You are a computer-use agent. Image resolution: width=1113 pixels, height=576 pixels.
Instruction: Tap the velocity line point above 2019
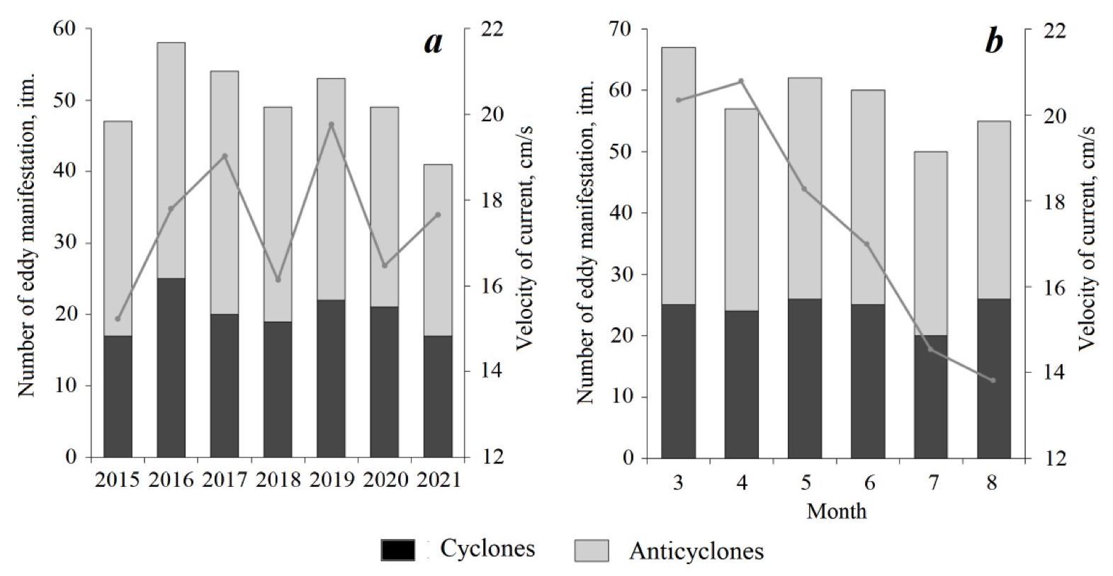point(331,125)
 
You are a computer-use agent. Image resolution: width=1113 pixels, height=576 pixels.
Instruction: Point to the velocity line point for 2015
point(118,319)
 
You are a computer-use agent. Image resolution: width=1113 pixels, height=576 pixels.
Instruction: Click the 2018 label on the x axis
point(278,480)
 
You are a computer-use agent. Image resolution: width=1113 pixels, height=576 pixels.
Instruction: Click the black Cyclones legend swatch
point(397,550)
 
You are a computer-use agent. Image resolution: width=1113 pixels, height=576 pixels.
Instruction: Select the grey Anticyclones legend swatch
point(590,550)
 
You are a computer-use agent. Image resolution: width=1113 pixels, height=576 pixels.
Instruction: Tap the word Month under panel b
point(836,510)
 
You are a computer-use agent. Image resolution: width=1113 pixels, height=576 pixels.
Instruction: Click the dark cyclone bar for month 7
point(930,396)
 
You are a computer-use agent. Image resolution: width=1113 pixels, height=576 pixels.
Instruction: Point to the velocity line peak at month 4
point(741,81)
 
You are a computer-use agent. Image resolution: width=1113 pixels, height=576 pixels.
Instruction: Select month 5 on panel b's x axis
point(805,483)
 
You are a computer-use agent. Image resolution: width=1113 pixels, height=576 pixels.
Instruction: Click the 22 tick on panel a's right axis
point(488,29)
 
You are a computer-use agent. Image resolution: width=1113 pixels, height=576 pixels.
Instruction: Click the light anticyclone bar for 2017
point(224,192)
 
